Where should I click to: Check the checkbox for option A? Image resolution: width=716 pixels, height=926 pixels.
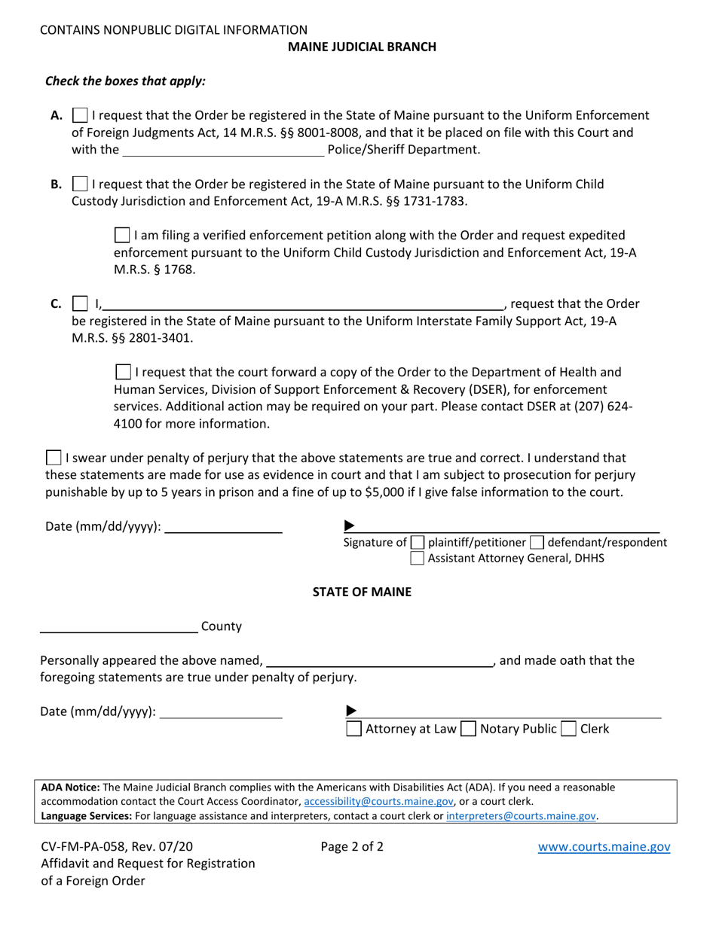pyautogui.click(x=79, y=116)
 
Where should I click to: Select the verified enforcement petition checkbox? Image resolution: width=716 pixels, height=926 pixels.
pyautogui.click(x=121, y=236)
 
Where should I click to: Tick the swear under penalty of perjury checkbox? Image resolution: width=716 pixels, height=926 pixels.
pyautogui.click(x=54, y=458)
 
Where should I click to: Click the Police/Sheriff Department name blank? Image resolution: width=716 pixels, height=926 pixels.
pyautogui.click(x=223, y=150)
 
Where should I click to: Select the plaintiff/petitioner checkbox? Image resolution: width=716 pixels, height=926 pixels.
pyautogui.click(x=418, y=542)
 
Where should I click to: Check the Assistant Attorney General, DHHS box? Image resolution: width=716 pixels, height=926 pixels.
pyautogui.click(x=418, y=559)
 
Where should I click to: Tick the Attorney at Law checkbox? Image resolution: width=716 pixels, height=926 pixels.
pyautogui.click(x=353, y=729)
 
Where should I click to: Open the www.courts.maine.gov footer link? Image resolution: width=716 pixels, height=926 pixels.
pyautogui.click(x=604, y=847)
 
